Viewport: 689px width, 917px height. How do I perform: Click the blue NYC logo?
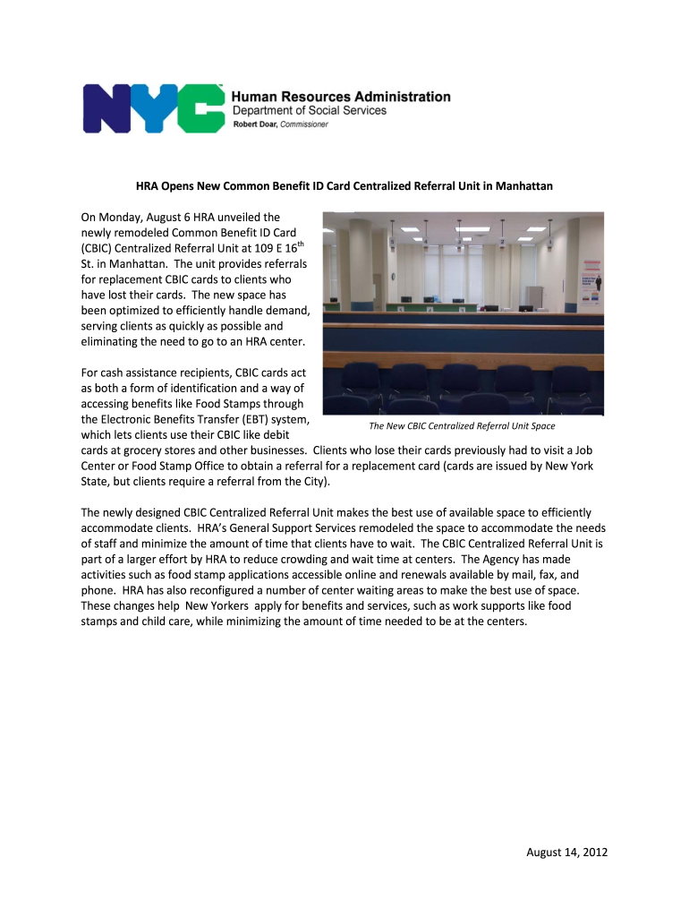pyautogui.click(x=153, y=108)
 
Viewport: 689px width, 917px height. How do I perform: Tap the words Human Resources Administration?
pyautogui.click(x=341, y=97)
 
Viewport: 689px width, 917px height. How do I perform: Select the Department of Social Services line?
pyautogui.click(x=310, y=111)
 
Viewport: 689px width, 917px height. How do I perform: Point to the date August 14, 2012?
pyautogui.click(x=566, y=852)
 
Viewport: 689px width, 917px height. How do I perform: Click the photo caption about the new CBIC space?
pyautogui.click(x=462, y=426)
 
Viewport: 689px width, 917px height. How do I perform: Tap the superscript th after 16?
pyautogui.click(x=301, y=244)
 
